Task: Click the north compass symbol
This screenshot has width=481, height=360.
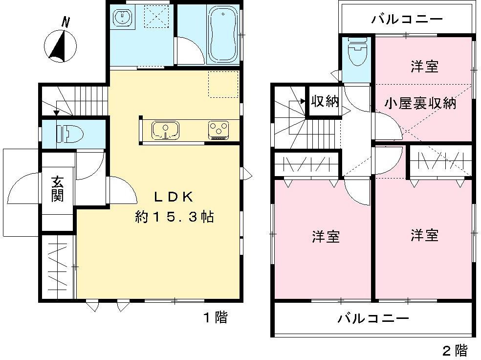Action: click(61, 45)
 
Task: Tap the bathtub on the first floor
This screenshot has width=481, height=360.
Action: click(224, 34)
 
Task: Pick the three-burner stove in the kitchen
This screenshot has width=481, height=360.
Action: click(219, 130)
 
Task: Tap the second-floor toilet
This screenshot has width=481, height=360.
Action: click(357, 52)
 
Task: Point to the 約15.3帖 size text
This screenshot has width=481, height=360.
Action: click(175, 217)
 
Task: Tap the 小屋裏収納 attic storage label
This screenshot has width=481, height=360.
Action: click(420, 103)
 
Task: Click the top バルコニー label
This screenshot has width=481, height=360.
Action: click(407, 20)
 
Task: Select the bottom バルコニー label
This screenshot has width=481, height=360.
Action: click(373, 319)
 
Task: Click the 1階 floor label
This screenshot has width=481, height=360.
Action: click(215, 318)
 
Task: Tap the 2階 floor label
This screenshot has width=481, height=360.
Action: click(455, 350)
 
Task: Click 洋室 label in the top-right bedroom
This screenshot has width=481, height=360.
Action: click(424, 67)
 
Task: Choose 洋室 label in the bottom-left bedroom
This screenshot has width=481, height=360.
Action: click(326, 237)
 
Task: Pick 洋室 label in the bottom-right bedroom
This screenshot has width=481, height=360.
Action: click(424, 236)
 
